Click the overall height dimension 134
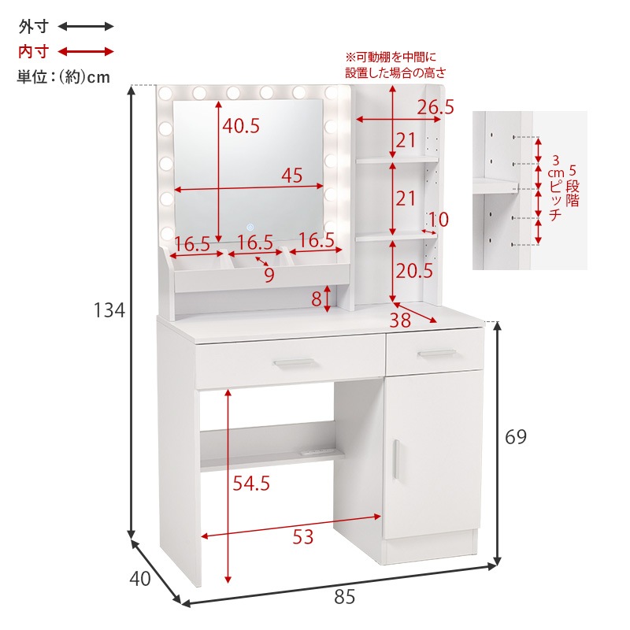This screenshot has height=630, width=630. click(109, 310)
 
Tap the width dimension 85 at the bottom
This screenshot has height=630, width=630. click(344, 597)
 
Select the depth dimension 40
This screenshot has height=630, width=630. click(140, 579)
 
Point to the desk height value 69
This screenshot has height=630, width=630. click(516, 437)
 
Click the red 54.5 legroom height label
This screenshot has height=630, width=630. click(251, 484)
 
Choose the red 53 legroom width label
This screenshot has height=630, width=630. click(302, 537)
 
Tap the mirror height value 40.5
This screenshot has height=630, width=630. click(241, 126)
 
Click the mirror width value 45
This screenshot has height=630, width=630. click(291, 176)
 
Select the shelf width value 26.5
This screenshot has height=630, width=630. click(435, 107)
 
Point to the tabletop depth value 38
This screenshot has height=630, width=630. click(400, 321)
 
